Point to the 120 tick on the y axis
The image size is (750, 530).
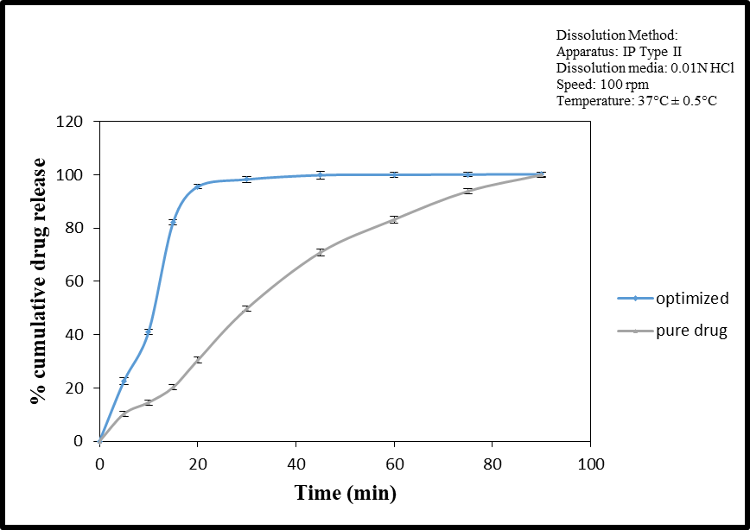coord(73,122)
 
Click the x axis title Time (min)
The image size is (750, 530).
coord(346,494)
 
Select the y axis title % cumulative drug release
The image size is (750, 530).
coord(39,281)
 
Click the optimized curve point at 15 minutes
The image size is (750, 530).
coord(173,222)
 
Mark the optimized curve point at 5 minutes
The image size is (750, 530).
coord(124,381)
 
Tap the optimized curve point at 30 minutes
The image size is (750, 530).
coord(247,180)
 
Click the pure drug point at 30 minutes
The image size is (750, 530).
coord(247,308)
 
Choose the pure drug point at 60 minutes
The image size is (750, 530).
coord(394,219)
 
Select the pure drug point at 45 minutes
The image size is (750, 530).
coord(321,252)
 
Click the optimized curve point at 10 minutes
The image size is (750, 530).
coord(149,331)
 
